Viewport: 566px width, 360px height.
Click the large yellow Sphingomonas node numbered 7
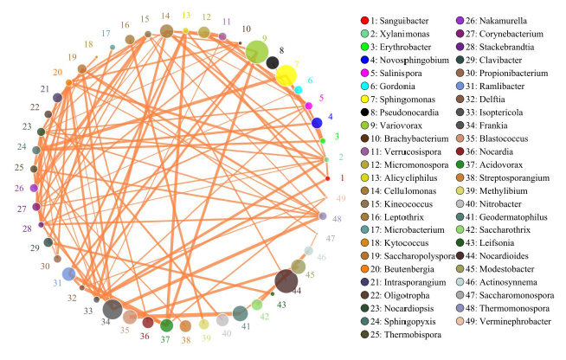coord(286,75)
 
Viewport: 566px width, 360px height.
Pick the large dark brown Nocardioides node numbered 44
coord(286,282)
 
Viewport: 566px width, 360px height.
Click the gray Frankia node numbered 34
coord(112,309)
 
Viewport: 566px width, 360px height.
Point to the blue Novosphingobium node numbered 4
coord(317,123)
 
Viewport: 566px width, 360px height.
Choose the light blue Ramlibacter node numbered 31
coord(68,274)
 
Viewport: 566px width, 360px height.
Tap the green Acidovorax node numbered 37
coord(164,326)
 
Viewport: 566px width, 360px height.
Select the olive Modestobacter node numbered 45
coord(298,267)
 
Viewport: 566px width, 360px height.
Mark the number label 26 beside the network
coord(19,188)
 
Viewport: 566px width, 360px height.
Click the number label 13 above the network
coord(186,16)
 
